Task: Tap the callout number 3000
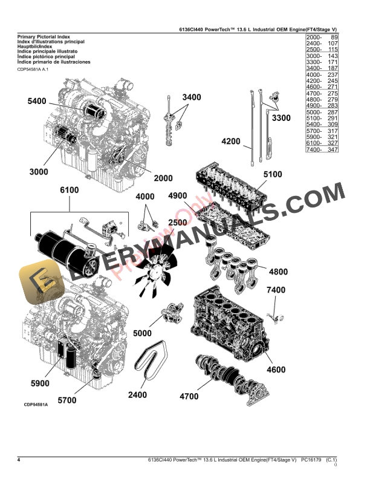click(x=38, y=172)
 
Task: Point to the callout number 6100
click(x=69, y=191)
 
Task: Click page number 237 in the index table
click(x=331, y=75)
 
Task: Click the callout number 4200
click(x=231, y=142)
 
